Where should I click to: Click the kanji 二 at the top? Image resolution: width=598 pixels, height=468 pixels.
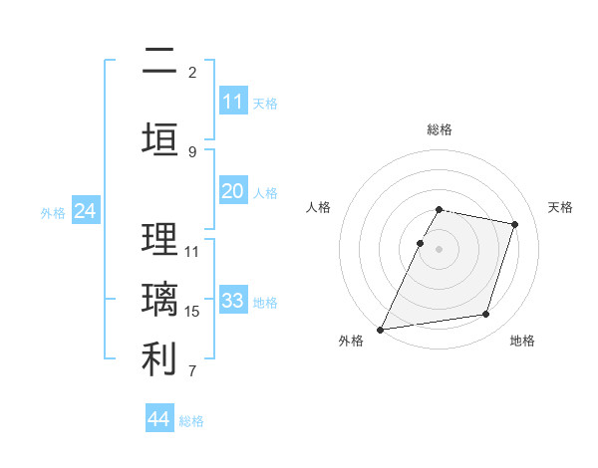[x=158, y=62]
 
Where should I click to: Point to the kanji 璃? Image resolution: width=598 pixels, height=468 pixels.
[x=158, y=300]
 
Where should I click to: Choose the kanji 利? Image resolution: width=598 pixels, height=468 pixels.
[x=158, y=359]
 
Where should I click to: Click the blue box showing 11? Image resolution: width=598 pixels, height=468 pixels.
[x=232, y=102]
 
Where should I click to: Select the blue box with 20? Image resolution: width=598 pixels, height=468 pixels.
[x=232, y=191]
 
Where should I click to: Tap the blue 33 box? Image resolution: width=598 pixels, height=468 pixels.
[x=232, y=301]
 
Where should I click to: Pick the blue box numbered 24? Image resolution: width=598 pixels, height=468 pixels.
[x=86, y=211]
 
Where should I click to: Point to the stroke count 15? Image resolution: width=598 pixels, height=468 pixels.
[x=192, y=312]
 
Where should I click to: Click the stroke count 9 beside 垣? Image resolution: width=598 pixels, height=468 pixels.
[x=192, y=151]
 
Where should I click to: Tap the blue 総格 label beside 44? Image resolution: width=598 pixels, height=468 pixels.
[x=191, y=421]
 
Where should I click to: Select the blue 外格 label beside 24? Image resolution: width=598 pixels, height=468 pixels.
[x=53, y=213]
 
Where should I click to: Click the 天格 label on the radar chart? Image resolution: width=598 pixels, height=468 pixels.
[x=561, y=207]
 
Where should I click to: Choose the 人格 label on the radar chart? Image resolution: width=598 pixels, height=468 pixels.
[x=318, y=207]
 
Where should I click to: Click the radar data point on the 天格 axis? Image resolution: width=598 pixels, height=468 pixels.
[x=515, y=224]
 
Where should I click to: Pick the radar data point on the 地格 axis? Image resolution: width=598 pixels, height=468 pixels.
[x=486, y=315]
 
